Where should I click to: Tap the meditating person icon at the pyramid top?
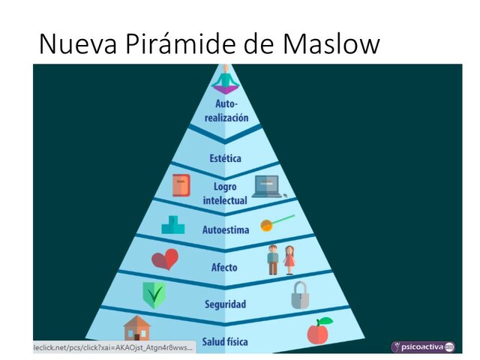point(225,79)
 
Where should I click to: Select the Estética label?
point(226,159)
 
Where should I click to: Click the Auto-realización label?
point(226,111)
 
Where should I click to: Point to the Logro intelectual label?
point(225,194)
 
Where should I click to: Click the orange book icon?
point(181,185)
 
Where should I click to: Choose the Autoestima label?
point(226,230)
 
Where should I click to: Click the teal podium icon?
point(172,224)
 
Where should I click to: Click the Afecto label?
point(225,267)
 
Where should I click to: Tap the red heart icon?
point(165,259)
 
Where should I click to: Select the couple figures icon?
point(281,259)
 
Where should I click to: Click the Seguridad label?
point(225,304)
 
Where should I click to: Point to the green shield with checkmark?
point(154,295)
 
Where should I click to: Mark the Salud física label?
point(225,340)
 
